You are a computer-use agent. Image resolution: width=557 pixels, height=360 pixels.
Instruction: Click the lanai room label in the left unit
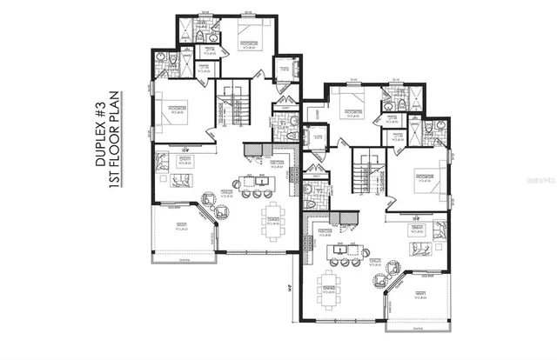coord(182,228)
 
